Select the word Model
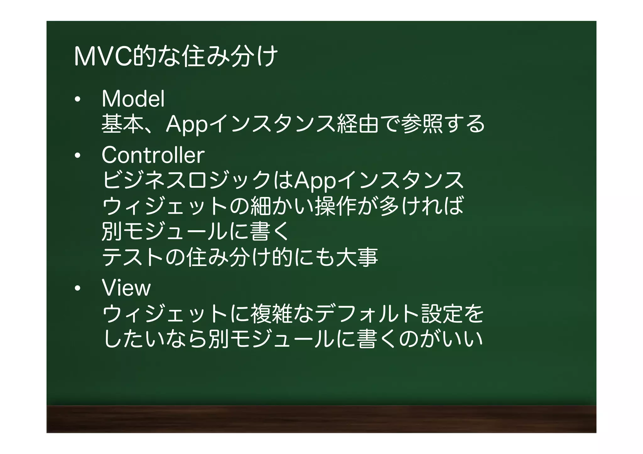click(133, 99)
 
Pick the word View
click(126, 288)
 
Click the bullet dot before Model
click(77, 100)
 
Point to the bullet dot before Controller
click(77, 156)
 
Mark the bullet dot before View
click(77, 288)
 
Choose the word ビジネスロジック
click(187, 180)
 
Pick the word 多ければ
click(421, 206)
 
